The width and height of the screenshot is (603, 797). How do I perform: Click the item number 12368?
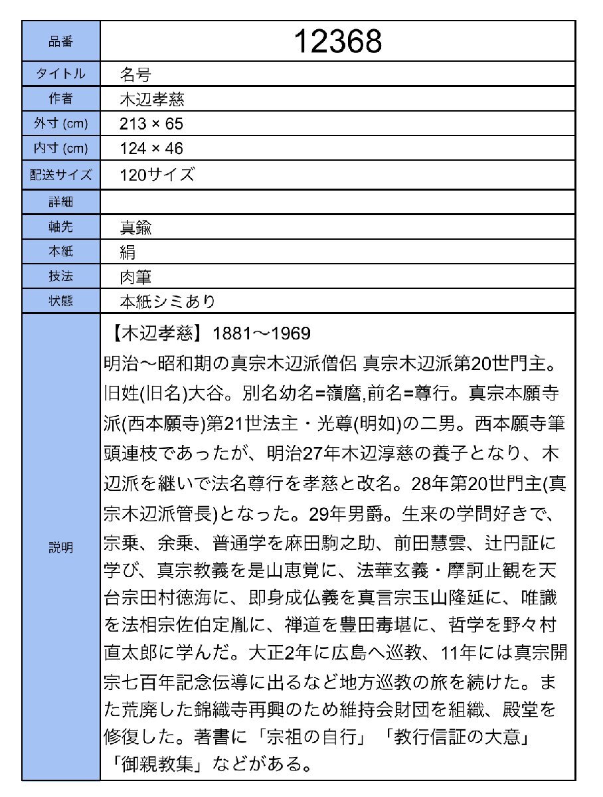click(337, 42)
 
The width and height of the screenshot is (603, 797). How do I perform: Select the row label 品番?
click(60, 42)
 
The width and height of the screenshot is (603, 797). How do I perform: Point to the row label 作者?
click(60, 99)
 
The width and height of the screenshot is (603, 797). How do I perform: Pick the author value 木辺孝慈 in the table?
click(151, 99)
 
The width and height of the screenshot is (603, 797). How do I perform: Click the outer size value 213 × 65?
click(151, 124)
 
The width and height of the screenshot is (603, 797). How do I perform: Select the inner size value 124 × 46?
click(151, 148)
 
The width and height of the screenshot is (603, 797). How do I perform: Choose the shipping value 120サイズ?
click(157, 175)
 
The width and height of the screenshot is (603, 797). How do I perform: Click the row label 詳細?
click(60, 202)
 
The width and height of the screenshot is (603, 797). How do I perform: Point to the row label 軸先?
click(60, 227)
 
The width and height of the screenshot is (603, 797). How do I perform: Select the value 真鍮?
click(135, 227)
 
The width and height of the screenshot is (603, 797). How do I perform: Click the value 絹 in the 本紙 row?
click(128, 252)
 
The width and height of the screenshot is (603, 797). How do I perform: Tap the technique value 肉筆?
click(135, 276)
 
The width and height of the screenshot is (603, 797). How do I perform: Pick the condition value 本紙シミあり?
click(167, 301)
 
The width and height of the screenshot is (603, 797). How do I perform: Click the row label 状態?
click(60, 301)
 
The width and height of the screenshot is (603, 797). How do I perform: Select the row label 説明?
click(60, 548)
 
